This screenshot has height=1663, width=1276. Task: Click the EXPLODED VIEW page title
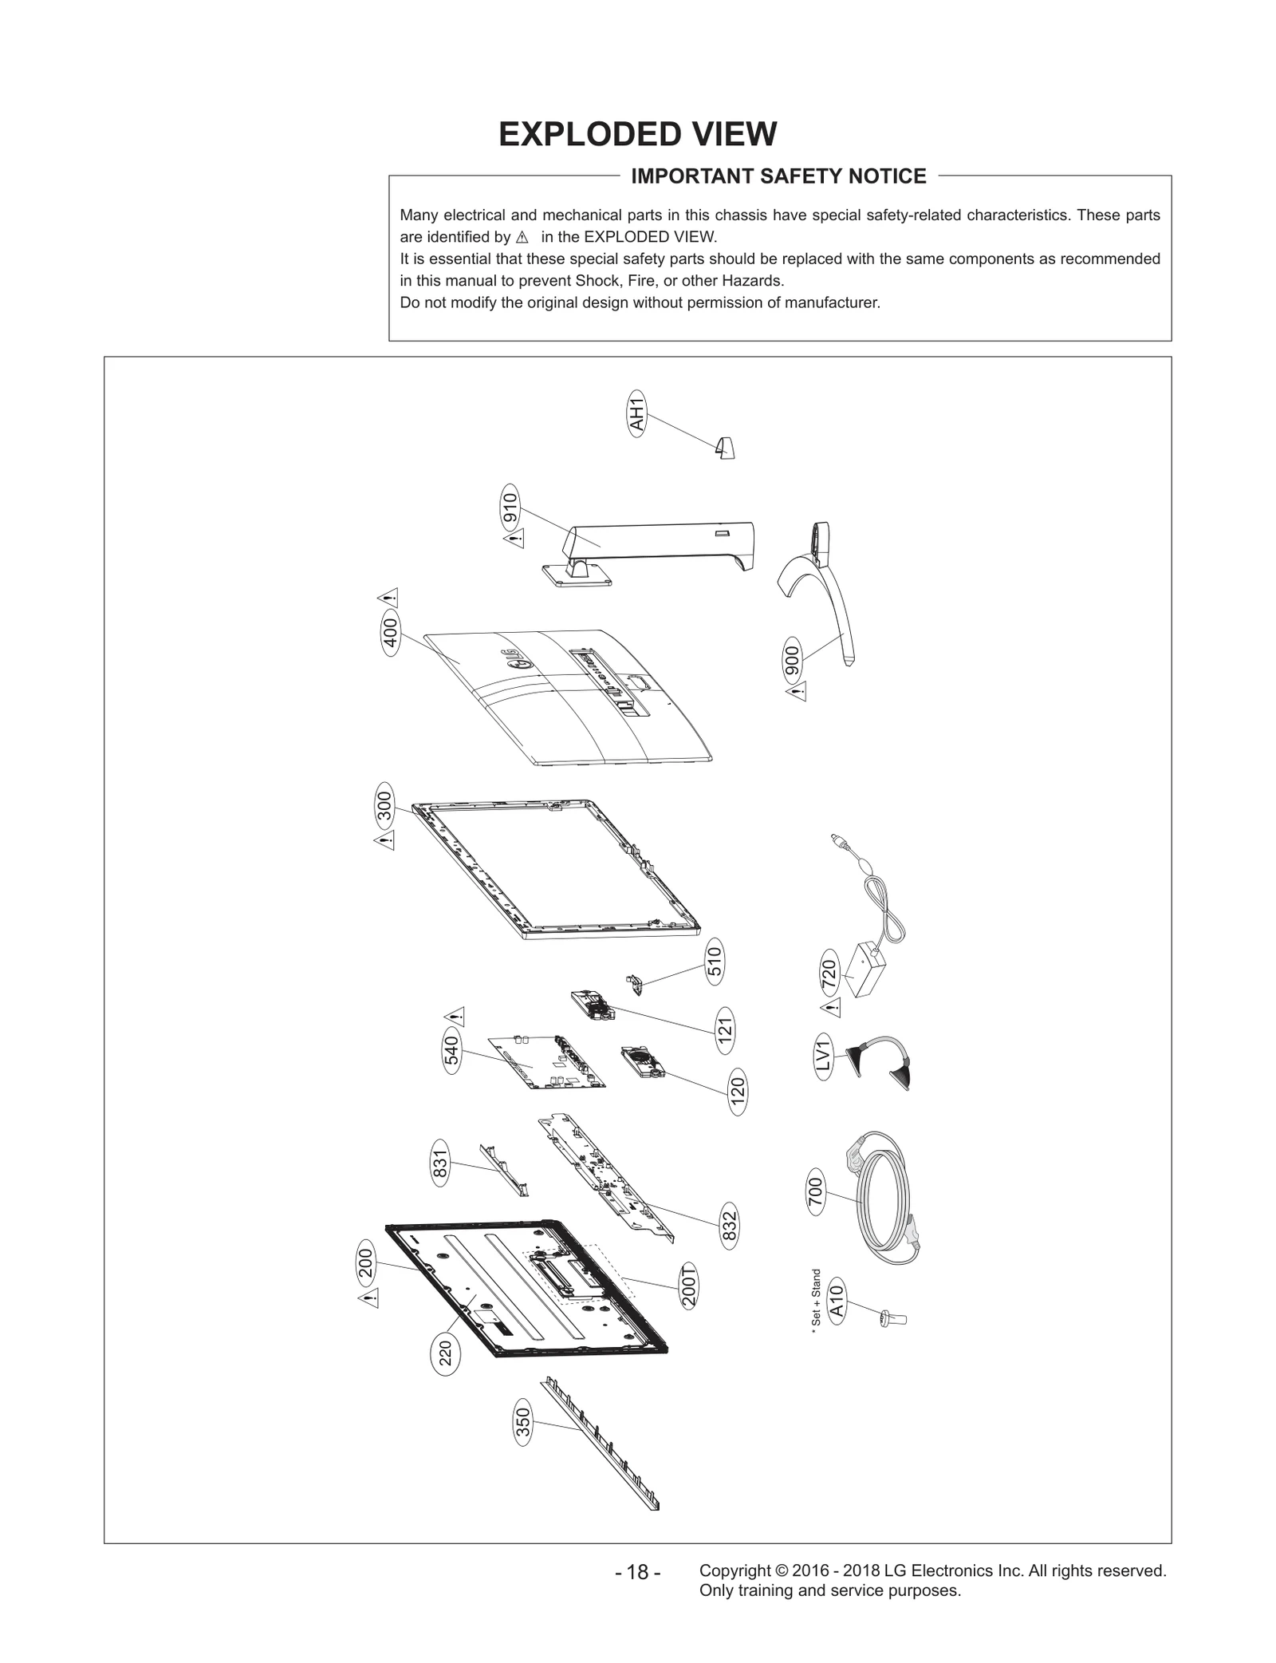pos(637,134)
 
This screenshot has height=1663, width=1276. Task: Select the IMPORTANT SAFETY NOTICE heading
pos(778,176)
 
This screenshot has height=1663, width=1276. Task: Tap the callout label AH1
pos(636,413)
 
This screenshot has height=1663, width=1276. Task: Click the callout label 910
pos(510,508)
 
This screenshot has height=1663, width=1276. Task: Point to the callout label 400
pos(391,634)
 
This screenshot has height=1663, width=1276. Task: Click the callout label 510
pos(715,961)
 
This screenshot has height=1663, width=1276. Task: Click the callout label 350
pos(522,1422)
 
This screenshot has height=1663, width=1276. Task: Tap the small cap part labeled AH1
pos(725,448)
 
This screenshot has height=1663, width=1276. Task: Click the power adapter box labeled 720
pos(864,968)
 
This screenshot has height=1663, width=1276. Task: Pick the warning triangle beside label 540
pos(456,1017)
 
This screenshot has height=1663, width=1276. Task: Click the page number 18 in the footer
pos(637,1572)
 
